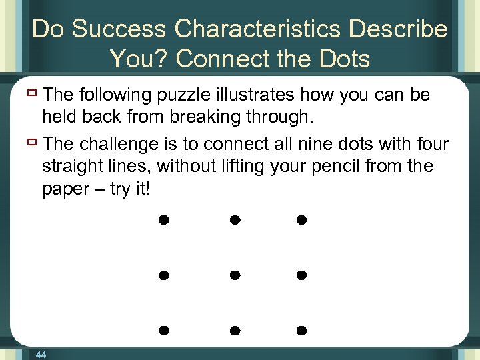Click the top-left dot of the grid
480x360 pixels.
(x=163, y=219)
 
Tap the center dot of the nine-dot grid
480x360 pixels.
(x=234, y=275)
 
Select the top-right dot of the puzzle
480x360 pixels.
(x=301, y=219)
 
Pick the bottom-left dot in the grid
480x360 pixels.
(x=163, y=330)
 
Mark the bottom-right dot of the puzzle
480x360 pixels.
(x=301, y=330)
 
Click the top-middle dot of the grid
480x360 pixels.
(x=234, y=219)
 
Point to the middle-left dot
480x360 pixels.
(x=163, y=275)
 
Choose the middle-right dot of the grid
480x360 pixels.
(x=301, y=275)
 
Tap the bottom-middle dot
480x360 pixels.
(x=234, y=330)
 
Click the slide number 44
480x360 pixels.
(x=41, y=355)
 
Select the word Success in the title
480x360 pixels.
(x=121, y=29)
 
